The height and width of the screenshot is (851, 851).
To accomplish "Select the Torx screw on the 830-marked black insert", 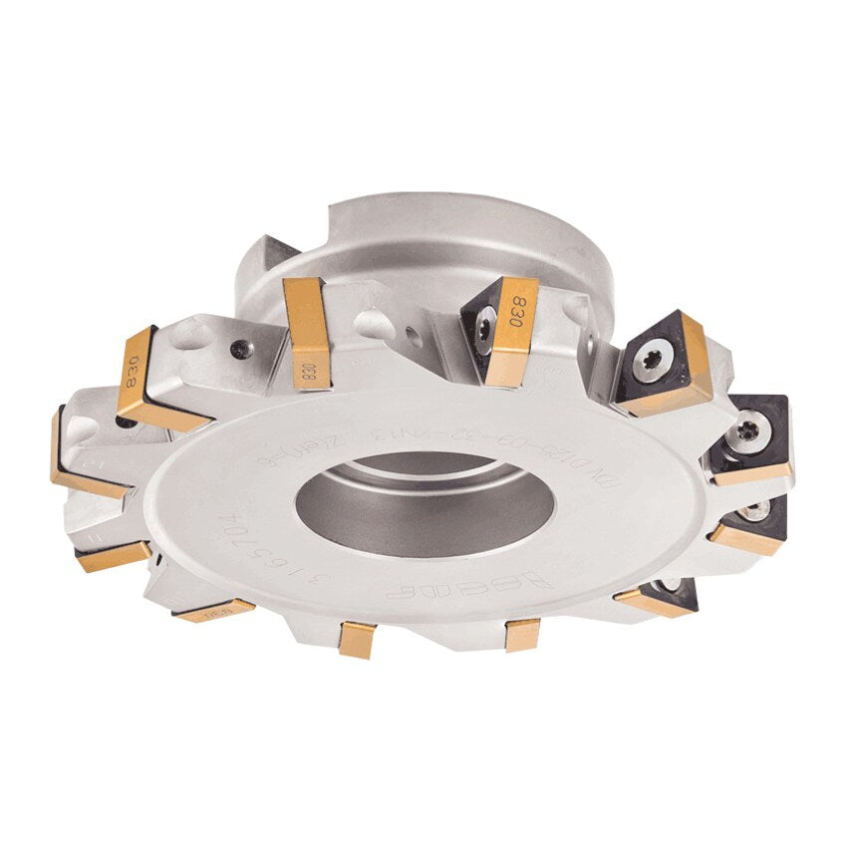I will point(485,330).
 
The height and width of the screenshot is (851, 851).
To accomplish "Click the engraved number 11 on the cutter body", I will point(93,537).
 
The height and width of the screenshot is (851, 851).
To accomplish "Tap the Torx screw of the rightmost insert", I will point(748,430).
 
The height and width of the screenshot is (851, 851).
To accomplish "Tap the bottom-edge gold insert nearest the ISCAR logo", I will point(521,634).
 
